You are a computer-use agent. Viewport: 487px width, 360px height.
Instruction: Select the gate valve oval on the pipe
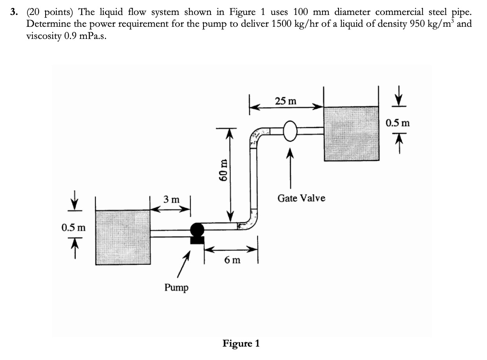pos(290,131)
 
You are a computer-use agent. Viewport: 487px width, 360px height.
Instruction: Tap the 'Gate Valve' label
pos(301,198)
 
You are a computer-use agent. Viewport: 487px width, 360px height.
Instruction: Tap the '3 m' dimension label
pos(171,200)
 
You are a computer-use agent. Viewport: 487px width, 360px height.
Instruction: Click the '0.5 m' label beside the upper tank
pos(397,123)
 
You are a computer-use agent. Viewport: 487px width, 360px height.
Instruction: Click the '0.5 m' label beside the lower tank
pos(73,228)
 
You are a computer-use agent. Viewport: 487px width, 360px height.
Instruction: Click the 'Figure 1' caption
pos(241,343)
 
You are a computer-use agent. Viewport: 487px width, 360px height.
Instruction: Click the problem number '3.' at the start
pos(14,13)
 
